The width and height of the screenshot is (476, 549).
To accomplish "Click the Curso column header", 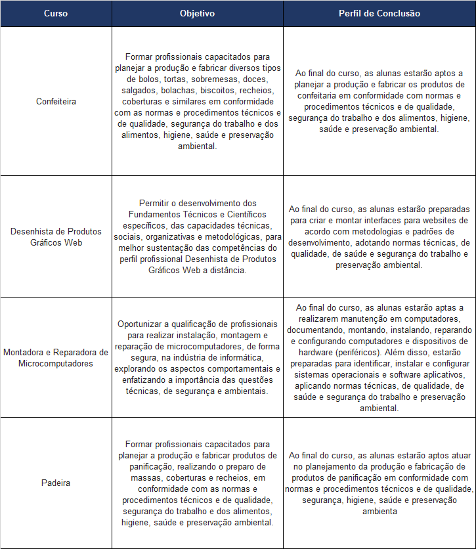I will (x=56, y=13).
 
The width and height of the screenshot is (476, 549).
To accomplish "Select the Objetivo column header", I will (x=197, y=13).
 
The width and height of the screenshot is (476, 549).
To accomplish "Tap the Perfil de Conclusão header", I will (x=379, y=13).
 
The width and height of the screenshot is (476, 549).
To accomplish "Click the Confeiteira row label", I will (x=56, y=101).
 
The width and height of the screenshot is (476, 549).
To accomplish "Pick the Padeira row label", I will (x=56, y=483).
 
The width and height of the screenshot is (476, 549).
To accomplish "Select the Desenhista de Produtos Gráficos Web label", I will (x=56, y=236).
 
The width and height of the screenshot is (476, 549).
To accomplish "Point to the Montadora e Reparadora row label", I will (x=56, y=357).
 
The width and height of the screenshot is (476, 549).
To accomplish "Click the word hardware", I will (x=315, y=351).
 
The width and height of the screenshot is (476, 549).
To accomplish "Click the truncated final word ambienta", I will (x=379, y=511).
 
